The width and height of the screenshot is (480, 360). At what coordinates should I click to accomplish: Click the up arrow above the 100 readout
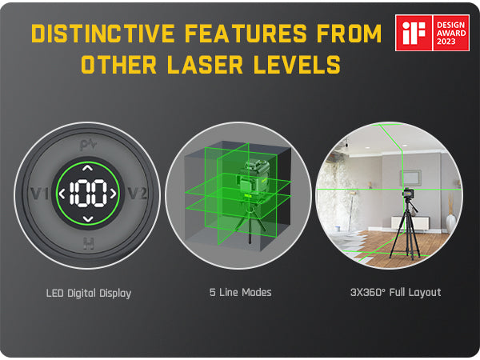[x=88, y=170]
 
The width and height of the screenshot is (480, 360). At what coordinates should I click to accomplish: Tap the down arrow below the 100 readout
[x=88, y=218]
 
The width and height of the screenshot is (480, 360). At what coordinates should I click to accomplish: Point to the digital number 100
[x=88, y=194]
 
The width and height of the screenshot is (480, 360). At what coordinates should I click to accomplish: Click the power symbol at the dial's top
[x=88, y=145]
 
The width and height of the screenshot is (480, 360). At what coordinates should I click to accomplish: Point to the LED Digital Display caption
[x=88, y=293]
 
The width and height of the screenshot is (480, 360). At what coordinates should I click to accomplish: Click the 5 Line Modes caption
[x=239, y=293]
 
